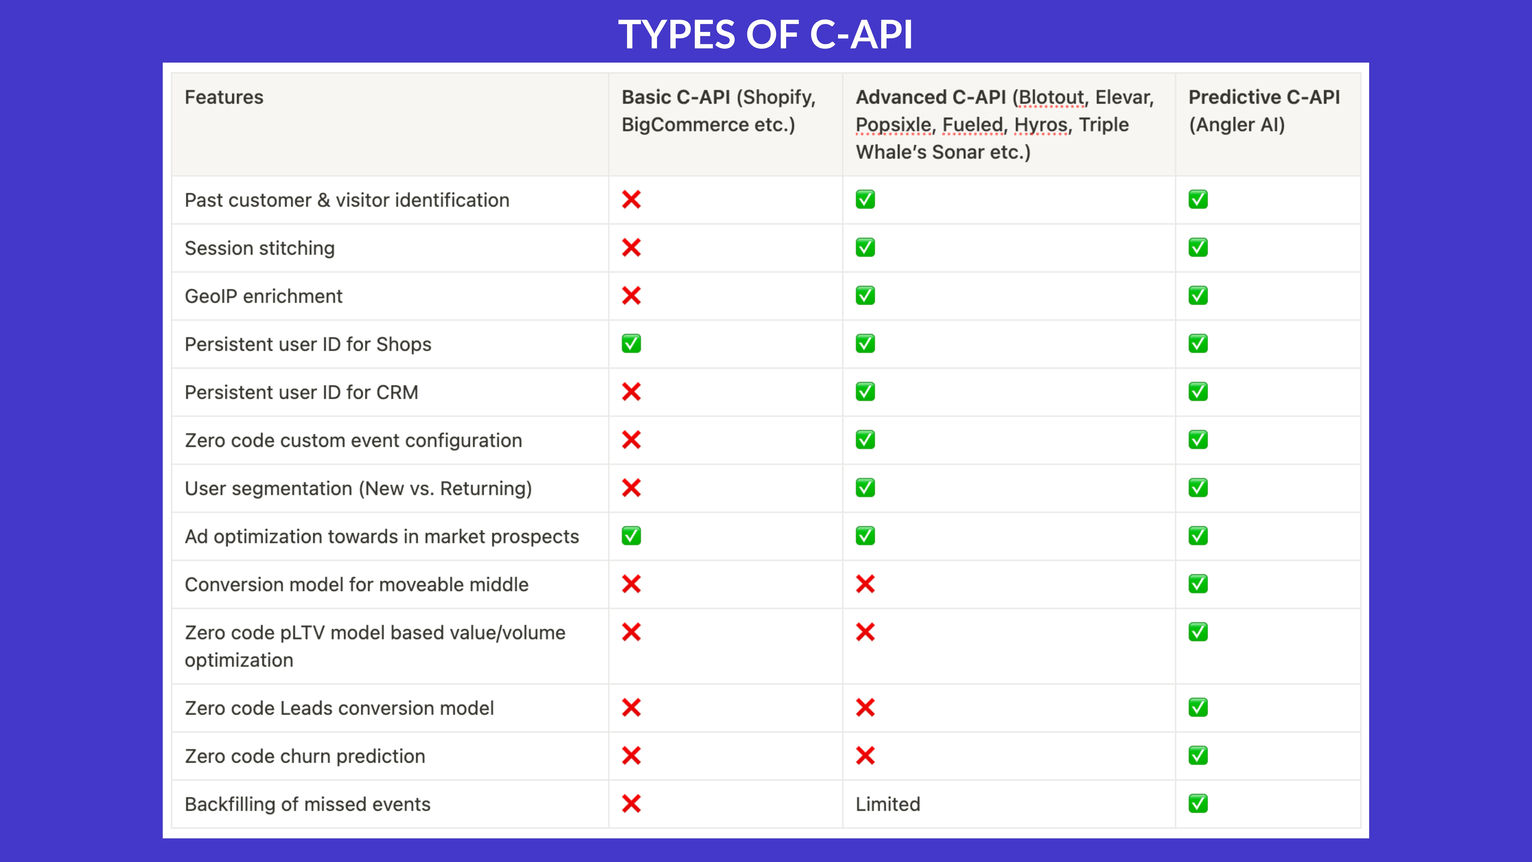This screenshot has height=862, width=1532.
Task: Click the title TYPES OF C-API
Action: click(x=765, y=35)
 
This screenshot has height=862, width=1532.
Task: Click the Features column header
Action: click(x=224, y=97)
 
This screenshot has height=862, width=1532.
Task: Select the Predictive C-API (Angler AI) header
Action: click(x=1264, y=111)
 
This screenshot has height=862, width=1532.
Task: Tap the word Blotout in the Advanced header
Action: click(x=1051, y=97)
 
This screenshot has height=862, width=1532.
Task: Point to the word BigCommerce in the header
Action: click(x=685, y=125)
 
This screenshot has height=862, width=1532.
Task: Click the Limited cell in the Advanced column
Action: click(x=887, y=804)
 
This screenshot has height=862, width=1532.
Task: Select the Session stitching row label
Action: click(x=259, y=248)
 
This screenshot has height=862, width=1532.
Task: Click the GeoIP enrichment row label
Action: click(x=264, y=296)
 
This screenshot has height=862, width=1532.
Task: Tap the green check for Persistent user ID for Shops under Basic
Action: click(x=631, y=344)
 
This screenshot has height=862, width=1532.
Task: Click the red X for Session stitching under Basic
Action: click(x=631, y=248)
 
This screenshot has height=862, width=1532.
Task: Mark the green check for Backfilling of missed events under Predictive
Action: click(x=1198, y=804)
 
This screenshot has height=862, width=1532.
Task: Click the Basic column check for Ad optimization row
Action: click(x=631, y=536)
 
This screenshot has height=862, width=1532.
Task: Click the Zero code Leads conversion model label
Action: click(x=339, y=708)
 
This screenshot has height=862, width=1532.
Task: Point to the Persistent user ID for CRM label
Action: click(x=301, y=393)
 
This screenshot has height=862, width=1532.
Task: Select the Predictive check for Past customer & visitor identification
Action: click(x=1198, y=199)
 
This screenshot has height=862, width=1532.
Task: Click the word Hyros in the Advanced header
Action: click(x=1040, y=125)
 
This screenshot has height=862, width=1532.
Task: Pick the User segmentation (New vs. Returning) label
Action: click(x=358, y=488)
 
